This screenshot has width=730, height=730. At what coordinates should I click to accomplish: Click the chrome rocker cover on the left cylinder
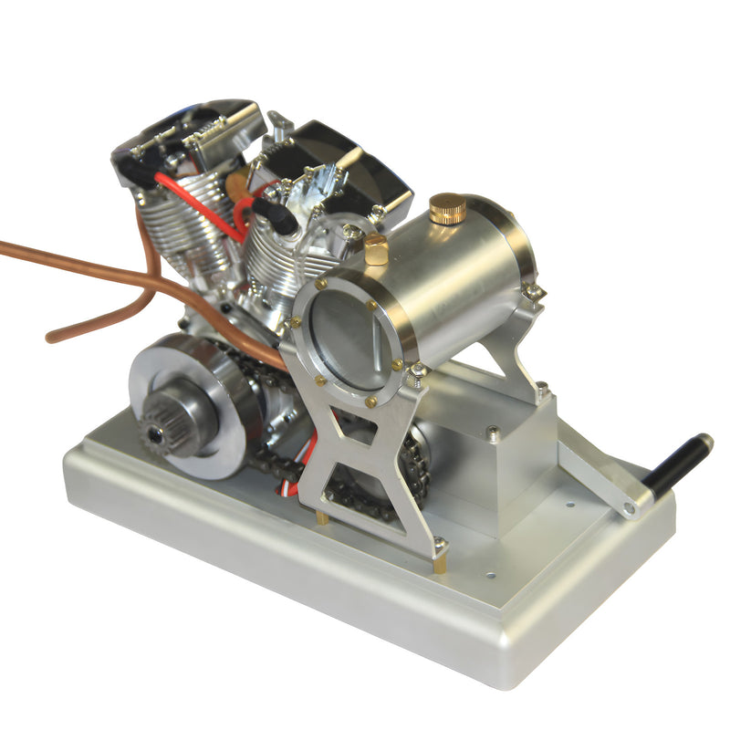tap(187, 137)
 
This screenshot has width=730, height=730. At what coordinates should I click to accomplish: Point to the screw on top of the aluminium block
tap(494, 433)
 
